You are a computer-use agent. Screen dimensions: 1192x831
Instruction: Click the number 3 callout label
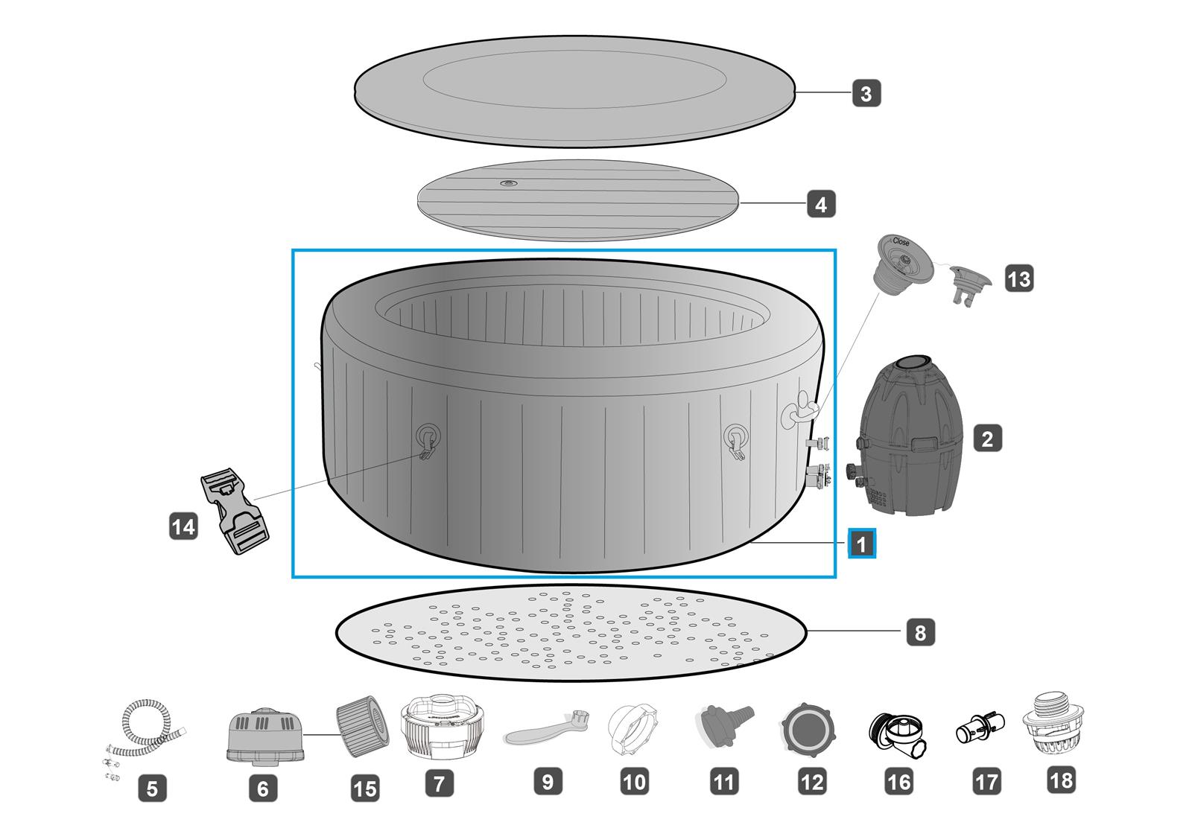(x=866, y=94)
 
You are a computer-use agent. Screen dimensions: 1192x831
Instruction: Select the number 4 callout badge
(x=821, y=203)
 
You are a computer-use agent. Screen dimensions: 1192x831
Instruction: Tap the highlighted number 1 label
(x=861, y=544)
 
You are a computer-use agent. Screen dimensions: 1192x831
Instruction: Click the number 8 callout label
(x=920, y=633)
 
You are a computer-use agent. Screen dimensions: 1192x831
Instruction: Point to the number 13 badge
(x=1018, y=278)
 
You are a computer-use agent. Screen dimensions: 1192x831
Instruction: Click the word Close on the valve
(x=901, y=242)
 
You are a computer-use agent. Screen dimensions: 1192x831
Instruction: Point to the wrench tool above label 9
(x=548, y=727)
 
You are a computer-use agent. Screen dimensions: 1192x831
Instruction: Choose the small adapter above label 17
(x=980, y=727)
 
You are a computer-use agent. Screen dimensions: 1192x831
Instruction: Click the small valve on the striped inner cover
(x=509, y=183)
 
